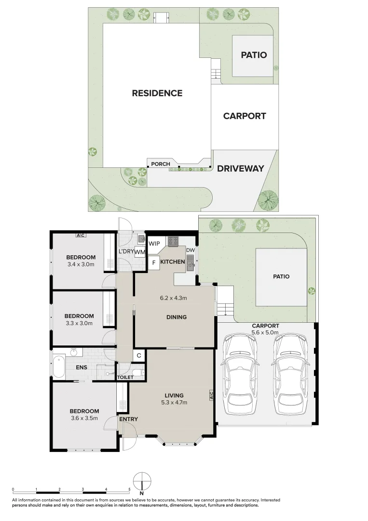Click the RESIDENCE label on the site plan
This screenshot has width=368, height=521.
coord(157,93)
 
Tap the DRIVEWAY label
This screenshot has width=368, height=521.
coord(240,168)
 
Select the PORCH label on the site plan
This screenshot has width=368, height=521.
coord(161,164)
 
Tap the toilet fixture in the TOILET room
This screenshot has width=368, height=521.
coord(137,372)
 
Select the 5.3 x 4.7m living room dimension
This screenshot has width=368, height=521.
coord(174,402)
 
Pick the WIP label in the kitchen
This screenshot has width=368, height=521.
coord(154,244)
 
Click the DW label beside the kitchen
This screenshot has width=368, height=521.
coord(191,249)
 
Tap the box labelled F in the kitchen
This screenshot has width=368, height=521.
coord(154,263)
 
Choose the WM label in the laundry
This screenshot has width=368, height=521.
coord(140,252)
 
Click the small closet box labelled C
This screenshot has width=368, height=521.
coord(138,356)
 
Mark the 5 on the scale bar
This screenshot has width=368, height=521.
coord(129,489)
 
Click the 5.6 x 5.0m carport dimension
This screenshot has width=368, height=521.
coord(265,332)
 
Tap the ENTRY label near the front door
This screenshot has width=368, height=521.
coord(128,419)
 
